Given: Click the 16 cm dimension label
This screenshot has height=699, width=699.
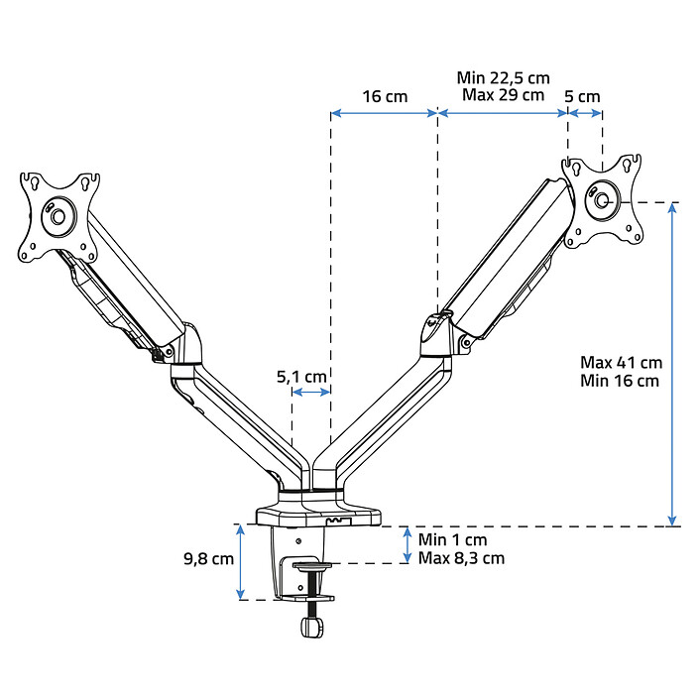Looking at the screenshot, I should click(385, 96).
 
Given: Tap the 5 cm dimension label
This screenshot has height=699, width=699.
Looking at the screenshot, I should click(582, 96).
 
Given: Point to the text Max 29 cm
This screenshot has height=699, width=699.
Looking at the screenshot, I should click(503, 95).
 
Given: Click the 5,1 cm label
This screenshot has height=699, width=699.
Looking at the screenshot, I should click(301, 376).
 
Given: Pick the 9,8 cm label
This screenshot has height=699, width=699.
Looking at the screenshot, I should click(208, 558).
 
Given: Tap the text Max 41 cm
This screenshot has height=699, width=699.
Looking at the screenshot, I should click(622, 362).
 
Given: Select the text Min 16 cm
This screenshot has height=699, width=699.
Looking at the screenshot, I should click(621, 380).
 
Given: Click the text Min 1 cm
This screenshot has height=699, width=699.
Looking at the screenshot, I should click(453, 539).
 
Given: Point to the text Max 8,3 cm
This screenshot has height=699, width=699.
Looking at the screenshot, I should click(462, 558).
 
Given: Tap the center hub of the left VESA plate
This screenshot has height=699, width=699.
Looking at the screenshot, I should click(58, 215).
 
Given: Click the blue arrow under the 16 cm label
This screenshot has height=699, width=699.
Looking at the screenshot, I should click(384, 113).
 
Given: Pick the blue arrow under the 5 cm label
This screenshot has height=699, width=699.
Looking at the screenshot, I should click(584, 113).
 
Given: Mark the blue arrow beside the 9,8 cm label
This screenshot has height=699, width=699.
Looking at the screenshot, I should click(241, 562).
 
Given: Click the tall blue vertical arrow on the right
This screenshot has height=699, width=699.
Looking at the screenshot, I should click(674, 364).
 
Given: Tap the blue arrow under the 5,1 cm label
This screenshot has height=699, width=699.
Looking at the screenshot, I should click(311, 393).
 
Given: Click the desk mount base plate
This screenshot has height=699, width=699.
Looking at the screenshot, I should click(319, 516).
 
